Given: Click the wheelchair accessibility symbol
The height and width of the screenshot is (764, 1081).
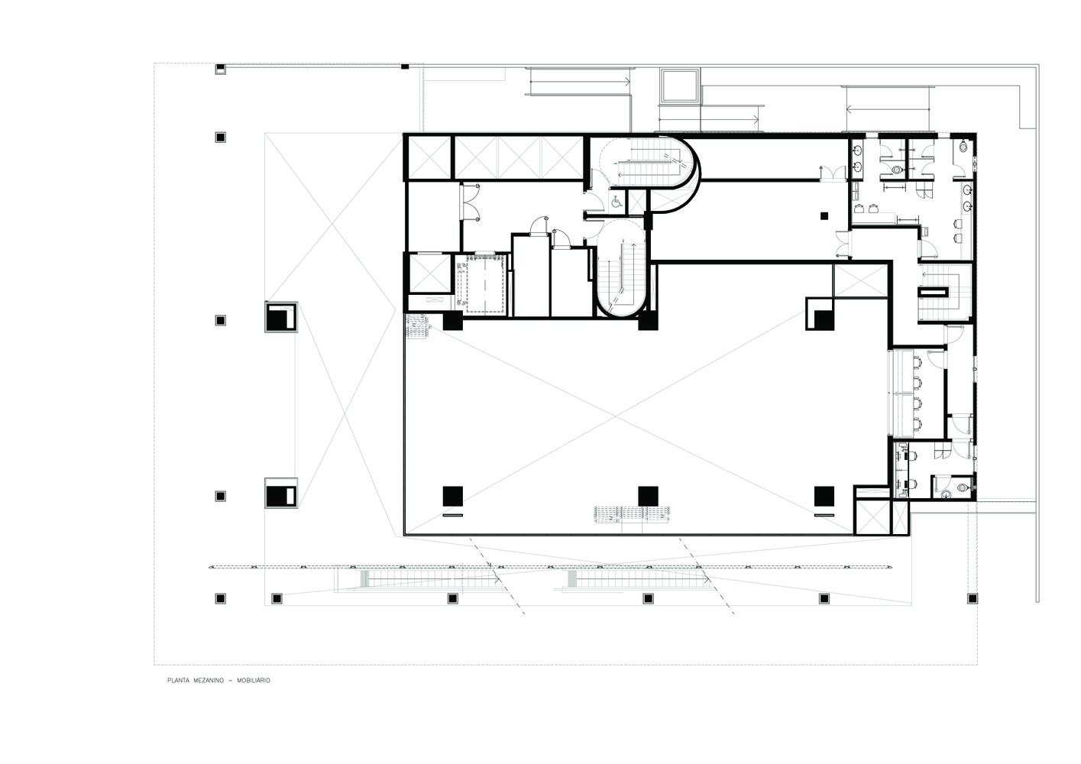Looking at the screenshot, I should [615, 202].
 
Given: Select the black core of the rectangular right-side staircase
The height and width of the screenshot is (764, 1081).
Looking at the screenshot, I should [934, 290].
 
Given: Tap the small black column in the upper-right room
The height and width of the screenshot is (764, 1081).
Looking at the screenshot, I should [823, 215].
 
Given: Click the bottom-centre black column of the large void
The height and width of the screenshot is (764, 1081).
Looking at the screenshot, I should [648, 496].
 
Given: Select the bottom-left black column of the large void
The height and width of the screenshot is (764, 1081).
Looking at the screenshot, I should [451, 496].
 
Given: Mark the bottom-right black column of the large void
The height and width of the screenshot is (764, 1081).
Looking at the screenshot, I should [824, 496].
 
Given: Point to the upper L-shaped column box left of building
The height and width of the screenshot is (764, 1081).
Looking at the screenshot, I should [280, 317].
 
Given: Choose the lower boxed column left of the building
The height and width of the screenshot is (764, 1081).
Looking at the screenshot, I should [280, 494].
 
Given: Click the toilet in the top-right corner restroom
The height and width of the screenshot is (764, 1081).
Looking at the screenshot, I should [962, 146].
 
